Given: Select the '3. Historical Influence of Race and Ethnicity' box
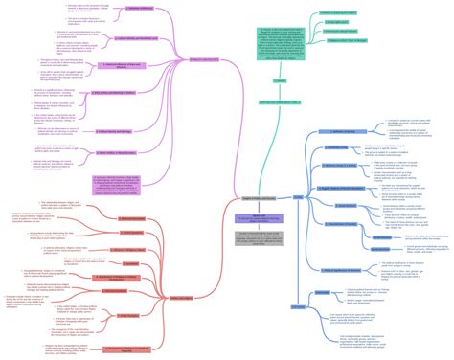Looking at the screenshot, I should tap(122, 65).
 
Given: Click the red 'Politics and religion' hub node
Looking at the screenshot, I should tap(178, 271).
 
